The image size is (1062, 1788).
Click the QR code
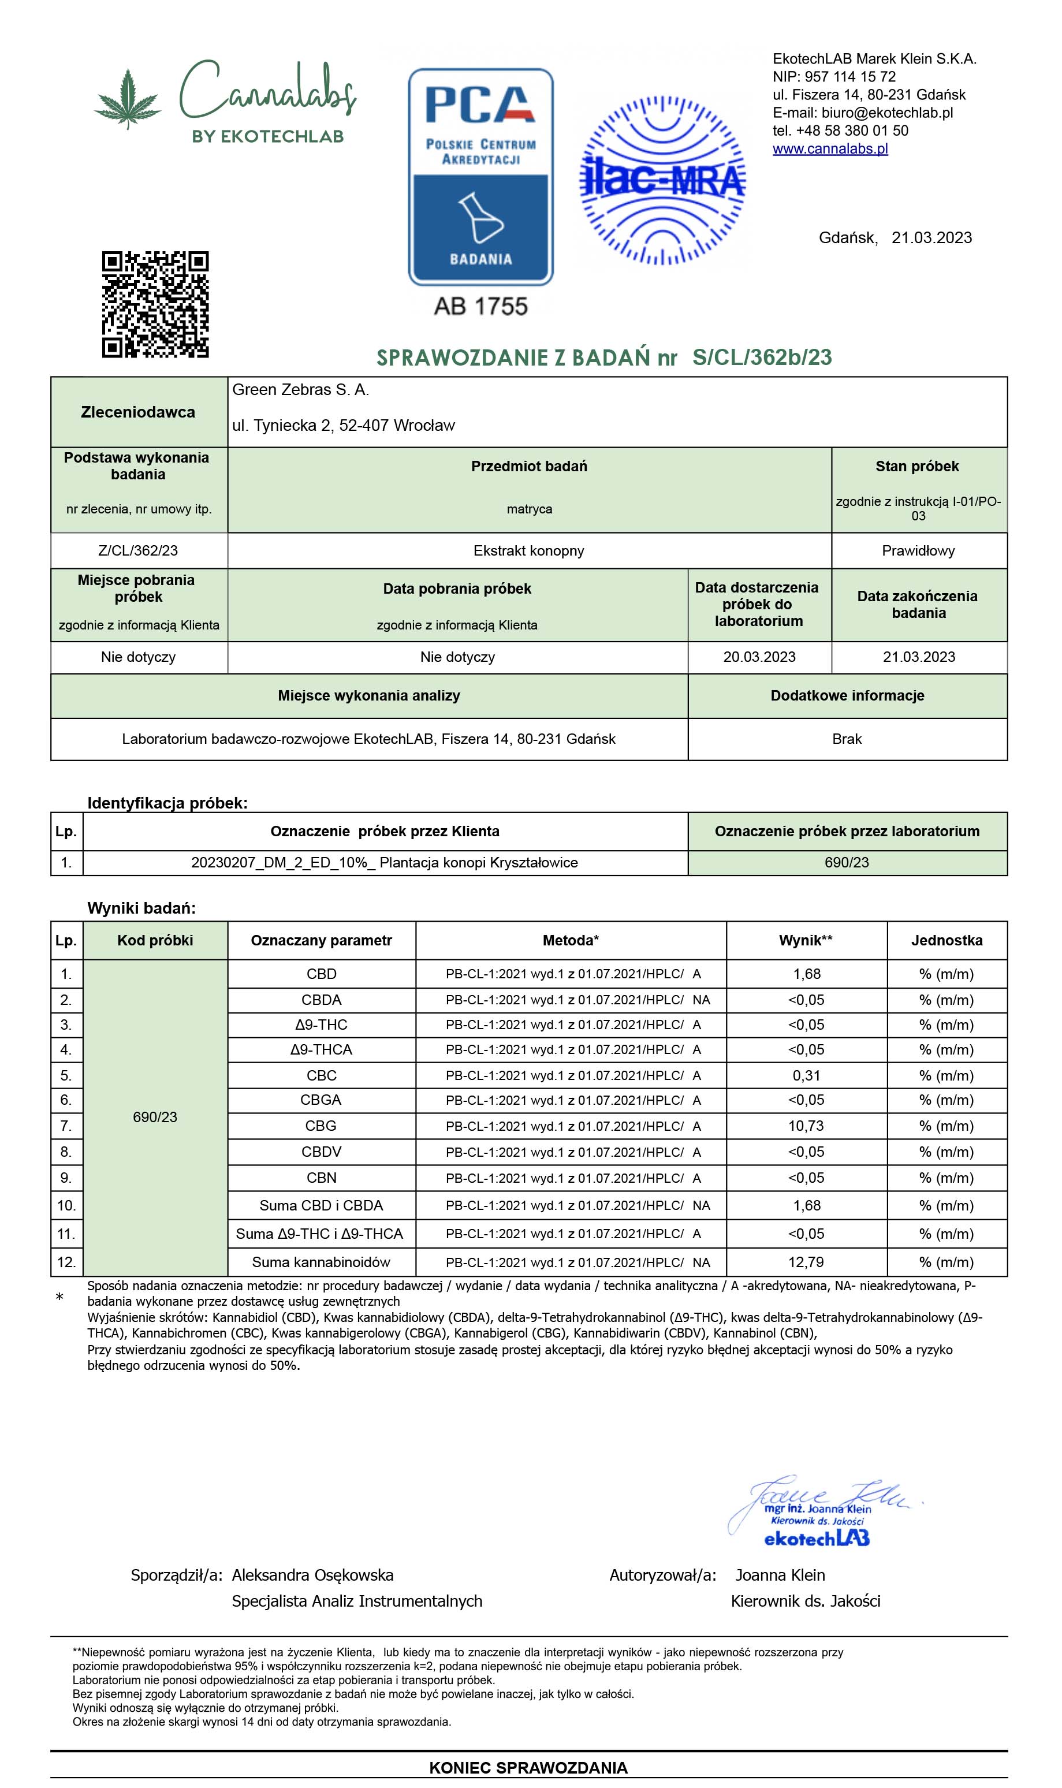pos(155,304)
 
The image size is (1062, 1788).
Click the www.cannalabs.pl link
pos(830,149)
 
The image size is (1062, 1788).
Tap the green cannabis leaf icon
pos(128,99)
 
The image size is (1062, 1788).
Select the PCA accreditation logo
pos(480,177)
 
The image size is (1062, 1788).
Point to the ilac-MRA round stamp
pos(662,180)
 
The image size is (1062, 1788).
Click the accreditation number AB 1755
pos(480,306)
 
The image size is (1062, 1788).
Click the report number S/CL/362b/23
pos(762,357)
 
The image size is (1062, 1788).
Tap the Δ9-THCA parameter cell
pos(321,1049)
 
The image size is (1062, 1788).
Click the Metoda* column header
pos(571,940)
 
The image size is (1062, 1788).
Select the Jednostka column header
pos(946,940)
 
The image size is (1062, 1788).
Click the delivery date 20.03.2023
pos(759,657)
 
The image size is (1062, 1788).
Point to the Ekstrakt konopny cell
pos(529,550)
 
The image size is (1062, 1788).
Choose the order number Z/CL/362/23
pos(138,550)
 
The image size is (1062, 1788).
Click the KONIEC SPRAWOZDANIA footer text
pos(528,1767)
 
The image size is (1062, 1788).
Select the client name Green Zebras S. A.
pos(300,389)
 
